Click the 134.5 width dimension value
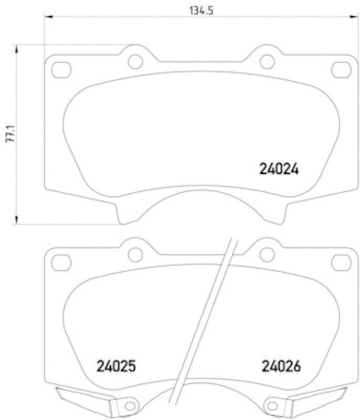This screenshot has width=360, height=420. [x=202, y=10]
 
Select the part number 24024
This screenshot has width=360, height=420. [x=279, y=169]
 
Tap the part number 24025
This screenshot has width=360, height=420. [x=116, y=366]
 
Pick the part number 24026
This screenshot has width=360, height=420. [x=281, y=366]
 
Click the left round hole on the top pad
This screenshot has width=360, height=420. [x=135, y=61]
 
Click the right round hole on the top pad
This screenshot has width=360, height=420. [x=267, y=61]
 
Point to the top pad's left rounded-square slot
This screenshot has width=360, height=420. [x=61, y=70]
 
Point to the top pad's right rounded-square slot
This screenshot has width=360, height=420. [x=341, y=70]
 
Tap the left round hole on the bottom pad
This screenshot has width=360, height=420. [x=135, y=255]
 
